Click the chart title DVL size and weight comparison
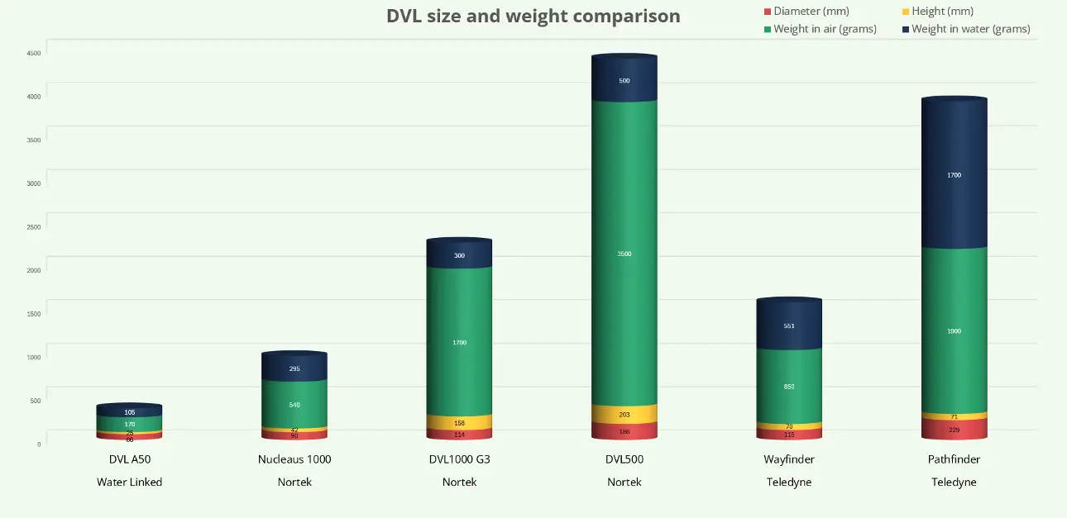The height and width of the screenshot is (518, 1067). (533, 16)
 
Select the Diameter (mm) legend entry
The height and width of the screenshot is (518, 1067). (811, 12)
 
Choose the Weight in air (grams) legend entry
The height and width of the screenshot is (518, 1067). (825, 29)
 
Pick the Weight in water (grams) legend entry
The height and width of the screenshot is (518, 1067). (970, 29)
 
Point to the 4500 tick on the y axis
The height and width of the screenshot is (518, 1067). (34, 53)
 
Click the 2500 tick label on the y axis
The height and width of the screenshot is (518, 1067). (34, 227)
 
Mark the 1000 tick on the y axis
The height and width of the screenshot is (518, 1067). (34, 358)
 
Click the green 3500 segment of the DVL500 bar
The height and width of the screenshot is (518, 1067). (624, 254)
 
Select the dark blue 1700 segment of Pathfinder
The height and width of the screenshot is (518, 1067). (955, 175)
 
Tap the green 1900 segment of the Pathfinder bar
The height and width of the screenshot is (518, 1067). (955, 331)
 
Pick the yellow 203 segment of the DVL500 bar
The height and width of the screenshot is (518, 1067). (624, 415)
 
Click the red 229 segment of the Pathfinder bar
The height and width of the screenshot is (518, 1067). (955, 430)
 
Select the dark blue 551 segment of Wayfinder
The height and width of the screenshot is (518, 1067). (789, 326)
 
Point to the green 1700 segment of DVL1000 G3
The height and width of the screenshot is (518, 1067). (459, 342)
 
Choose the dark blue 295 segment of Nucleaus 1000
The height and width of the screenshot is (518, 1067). (294, 368)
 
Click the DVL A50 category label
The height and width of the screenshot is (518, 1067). (130, 459)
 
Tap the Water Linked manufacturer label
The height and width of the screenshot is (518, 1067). (130, 482)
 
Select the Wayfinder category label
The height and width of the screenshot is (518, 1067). (789, 459)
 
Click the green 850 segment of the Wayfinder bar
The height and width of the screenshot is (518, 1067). (789, 387)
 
